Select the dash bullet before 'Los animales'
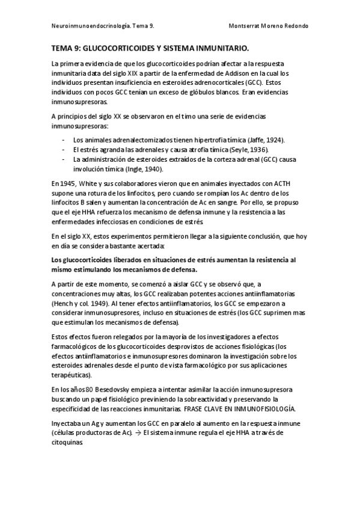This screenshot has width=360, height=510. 64,140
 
